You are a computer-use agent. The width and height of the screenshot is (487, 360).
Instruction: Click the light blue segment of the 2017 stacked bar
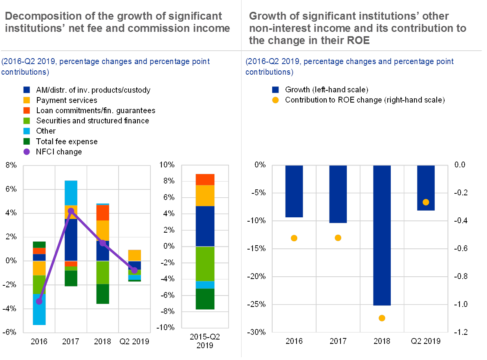click(71, 193)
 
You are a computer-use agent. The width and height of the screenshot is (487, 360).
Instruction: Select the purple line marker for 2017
click(71, 211)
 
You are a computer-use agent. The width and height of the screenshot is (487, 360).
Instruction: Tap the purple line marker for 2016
click(39, 301)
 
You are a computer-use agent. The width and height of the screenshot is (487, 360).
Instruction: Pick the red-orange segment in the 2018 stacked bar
click(103, 213)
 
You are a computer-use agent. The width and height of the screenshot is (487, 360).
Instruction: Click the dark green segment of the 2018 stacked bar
click(103, 294)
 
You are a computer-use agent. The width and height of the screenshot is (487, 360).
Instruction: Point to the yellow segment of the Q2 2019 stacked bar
click(134, 255)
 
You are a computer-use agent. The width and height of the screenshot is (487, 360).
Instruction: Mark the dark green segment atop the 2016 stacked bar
click(39, 244)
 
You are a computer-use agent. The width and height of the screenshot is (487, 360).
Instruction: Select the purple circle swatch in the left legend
click(27, 152)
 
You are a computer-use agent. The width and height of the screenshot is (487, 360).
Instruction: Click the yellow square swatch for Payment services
click(27, 100)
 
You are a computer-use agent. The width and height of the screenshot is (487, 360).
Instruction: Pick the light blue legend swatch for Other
click(27, 131)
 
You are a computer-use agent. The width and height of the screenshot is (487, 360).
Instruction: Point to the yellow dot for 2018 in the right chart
click(382, 318)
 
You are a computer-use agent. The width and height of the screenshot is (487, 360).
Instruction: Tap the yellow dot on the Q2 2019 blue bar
click(426, 202)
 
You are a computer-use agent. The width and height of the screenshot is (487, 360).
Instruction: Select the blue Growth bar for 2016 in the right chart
click(294, 191)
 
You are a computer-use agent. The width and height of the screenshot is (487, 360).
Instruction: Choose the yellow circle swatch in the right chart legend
click(275, 100)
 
